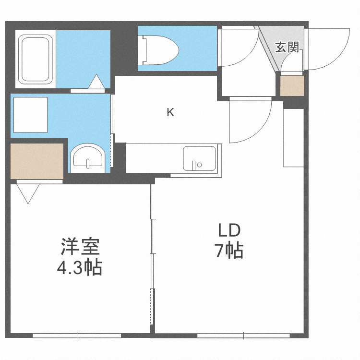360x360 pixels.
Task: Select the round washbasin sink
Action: coord(87,157)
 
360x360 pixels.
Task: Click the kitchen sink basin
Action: coord(199,158)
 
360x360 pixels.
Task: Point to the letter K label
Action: coord(170,113)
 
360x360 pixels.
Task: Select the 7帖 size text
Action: coord(229,251)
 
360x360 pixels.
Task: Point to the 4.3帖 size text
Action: coord(80,267)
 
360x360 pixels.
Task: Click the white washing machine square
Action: coord(30,114)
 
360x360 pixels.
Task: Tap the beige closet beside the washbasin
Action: coord(37,160)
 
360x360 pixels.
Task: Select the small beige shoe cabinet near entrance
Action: coord(292,86)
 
